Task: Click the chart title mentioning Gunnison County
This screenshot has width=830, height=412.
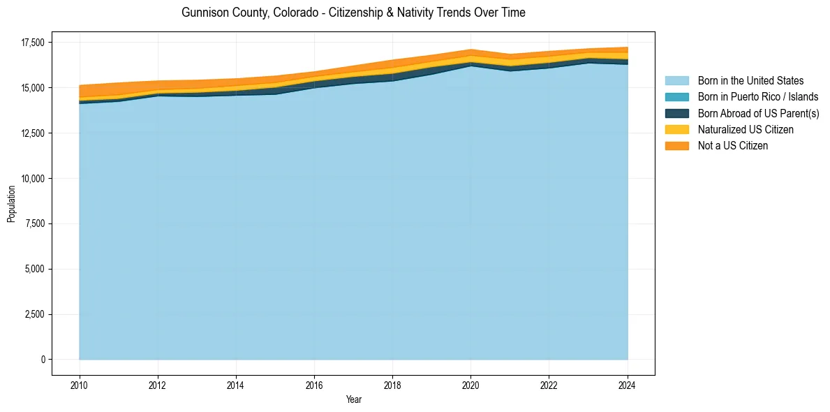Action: [353, 13]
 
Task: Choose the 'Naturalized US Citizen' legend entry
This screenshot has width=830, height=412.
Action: [746, 130]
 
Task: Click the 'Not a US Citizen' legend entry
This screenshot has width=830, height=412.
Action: [732, 146]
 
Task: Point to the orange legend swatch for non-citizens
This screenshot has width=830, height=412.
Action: [676, 146]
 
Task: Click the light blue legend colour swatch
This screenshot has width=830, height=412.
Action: [676, 81]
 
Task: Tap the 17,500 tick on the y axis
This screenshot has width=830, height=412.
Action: [32, 43]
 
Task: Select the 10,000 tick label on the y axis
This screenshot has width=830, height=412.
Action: [32, 179]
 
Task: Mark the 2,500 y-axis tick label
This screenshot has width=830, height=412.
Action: [34, 314]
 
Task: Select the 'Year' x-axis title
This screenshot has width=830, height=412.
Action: [353, 399]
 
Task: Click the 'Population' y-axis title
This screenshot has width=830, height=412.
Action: [11, 204]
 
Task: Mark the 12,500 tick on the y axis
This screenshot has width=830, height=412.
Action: [32, 133]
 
